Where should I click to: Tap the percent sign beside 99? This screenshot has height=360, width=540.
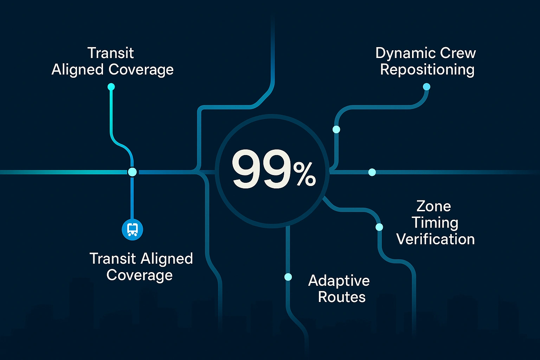point(305,175)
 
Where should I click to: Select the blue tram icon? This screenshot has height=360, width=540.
point(132,230)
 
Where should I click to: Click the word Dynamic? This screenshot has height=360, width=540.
point(400,53)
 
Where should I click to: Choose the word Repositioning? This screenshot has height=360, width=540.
point(427,70)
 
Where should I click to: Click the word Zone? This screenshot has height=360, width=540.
point(433,206)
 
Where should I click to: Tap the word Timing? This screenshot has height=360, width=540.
point(435,223)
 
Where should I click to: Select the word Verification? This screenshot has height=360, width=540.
point(435,239)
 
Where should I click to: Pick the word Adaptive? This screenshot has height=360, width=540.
point(339,281)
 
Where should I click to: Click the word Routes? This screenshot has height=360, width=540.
point(342,297)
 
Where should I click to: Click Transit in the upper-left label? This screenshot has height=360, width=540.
point(110,53)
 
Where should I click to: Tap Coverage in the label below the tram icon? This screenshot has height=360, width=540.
point(140,275)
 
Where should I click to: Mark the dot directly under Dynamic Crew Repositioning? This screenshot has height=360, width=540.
point(426,87)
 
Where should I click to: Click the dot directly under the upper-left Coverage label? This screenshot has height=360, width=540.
point(111,86)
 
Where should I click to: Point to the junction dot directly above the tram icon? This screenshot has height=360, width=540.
point(132,172)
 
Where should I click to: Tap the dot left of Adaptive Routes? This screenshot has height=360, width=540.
point(288,277)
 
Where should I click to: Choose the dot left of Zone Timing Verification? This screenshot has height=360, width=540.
point(379,227)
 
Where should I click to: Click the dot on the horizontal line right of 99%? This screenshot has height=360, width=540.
point(372,172)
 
